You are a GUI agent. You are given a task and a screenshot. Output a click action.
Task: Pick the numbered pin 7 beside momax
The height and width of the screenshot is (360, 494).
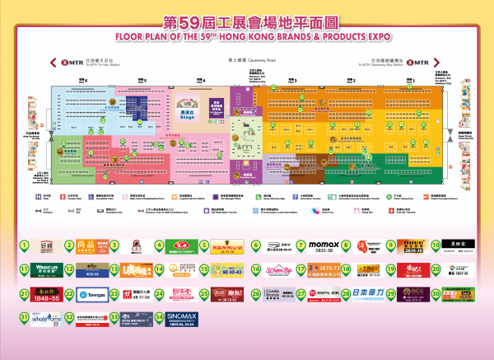pos(301,245)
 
